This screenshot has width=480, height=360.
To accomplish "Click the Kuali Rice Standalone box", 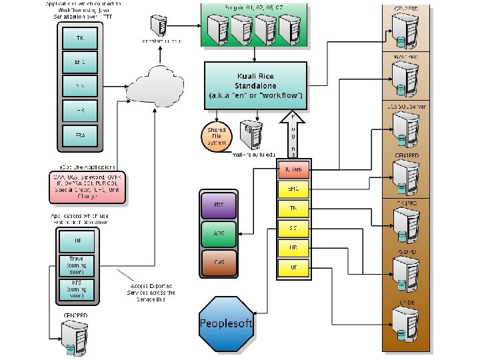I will point(256,86).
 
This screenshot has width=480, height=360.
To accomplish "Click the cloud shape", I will point(155,84).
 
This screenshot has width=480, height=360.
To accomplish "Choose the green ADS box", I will point(219,234).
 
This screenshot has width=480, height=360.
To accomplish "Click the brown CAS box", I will point(219,263).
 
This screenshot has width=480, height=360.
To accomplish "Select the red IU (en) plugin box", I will point(293,170).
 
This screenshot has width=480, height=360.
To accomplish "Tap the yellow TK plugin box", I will point(293,209).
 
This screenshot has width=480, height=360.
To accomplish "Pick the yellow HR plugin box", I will point(293,247).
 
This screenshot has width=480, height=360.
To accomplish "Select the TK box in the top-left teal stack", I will point(80,39).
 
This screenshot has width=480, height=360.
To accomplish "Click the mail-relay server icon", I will point(250,135).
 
